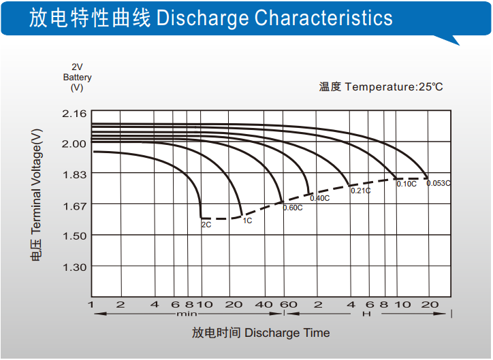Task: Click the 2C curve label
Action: pyautogui.click(x=206, y=224)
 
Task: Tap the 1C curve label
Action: pyautogui.click(x=247, y=220)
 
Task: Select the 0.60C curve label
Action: pyautogui.click(x=292, y=208)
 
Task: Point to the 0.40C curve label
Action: pyautogui.click(x=319, y=198)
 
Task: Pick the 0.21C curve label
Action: pyautogui.click(x=360, y=191)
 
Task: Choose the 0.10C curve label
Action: pyautogui.click(x=407, y=184)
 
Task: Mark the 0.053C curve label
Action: pyautogui.click(x=439, y=183)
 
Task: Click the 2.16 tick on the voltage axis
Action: pyautogui.click(x=74, y=113)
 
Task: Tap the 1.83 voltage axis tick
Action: pyautogui.click(x=74, y=174)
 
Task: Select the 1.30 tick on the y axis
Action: pyautogui.click(x=74, y=267)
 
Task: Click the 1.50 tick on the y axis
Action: pyautogui.click(x=74, y=236)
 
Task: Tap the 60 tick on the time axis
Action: pyautogui.click(x=289, y=304)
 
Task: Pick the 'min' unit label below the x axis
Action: pyautogui.click(x=187, y=314)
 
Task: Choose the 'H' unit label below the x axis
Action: pyautogui.click(x=366, y=314)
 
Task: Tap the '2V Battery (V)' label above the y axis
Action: pyautogui.click(x=77, y=77)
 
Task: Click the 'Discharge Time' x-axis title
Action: pyautogui.click(x=287, y=333)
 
